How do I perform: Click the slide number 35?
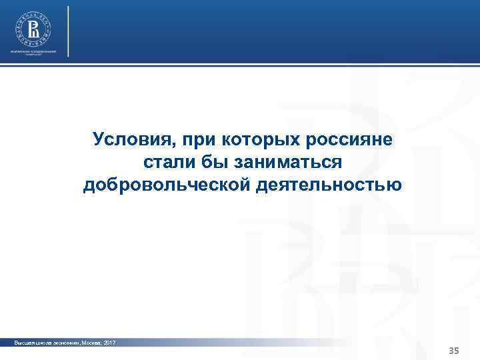pos(455,351)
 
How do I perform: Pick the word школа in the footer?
pos(40,343)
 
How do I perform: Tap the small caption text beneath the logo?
pos(33,53)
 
